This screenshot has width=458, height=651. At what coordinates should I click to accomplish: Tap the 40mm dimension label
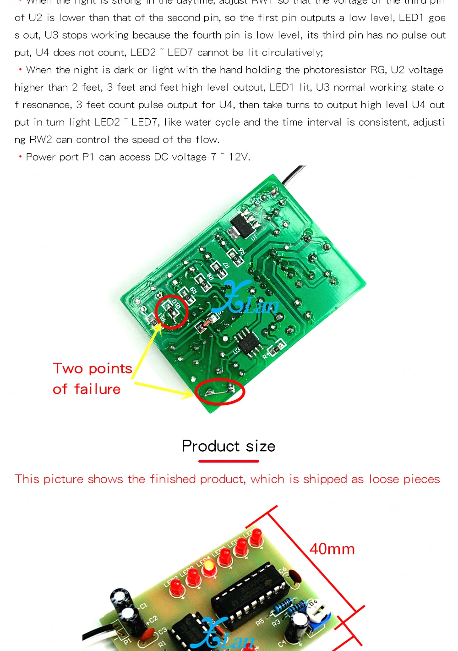click(332, 549)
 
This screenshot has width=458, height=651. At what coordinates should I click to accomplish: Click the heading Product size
click(229, 446)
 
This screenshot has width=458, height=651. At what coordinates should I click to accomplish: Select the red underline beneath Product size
click(229, 461)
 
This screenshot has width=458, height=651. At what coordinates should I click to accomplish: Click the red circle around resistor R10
click(171, 311)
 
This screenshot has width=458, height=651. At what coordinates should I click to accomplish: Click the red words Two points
click(93, 369)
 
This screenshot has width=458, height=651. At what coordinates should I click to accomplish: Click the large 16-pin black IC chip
click(250, 591)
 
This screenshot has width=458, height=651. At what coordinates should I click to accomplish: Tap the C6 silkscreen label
click(282, 571)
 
